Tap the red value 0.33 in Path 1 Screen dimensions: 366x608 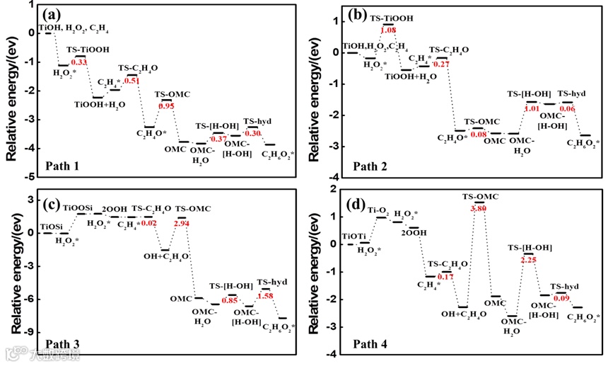[79, 63]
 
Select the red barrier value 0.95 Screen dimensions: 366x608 [166, 105]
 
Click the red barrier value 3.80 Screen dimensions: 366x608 [478, 209]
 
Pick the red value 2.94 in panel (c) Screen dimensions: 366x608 [183, 223]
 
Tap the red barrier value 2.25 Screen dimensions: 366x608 [523, 260]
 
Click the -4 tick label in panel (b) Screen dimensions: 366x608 [332, 177]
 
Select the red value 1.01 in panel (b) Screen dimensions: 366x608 [532, 109]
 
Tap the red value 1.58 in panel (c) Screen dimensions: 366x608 [266, 295]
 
